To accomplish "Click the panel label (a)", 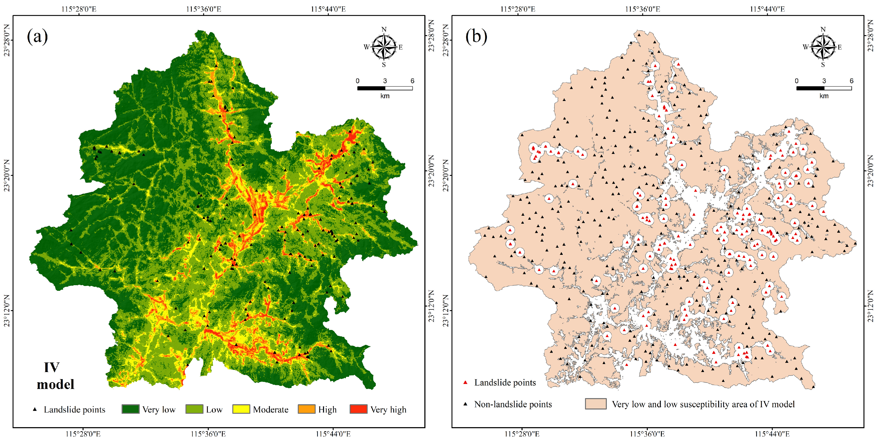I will click(x=37, y=36).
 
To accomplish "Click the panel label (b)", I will click(x=476, y=36).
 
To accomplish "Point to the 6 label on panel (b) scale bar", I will click(x=851, y=81).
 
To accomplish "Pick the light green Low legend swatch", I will click(x=194, y=409).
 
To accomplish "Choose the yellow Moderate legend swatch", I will click(x=241, y=409).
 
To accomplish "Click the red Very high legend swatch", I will click(x=358, y=409).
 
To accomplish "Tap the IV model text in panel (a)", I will click(x=55, y=376).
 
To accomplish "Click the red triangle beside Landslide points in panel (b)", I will click(x=465, y=383).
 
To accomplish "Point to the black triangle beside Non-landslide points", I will click(x=465, y=404).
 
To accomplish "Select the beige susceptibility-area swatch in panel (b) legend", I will click(x=595, y=404).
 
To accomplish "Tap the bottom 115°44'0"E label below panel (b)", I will click(x=772, y=434).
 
